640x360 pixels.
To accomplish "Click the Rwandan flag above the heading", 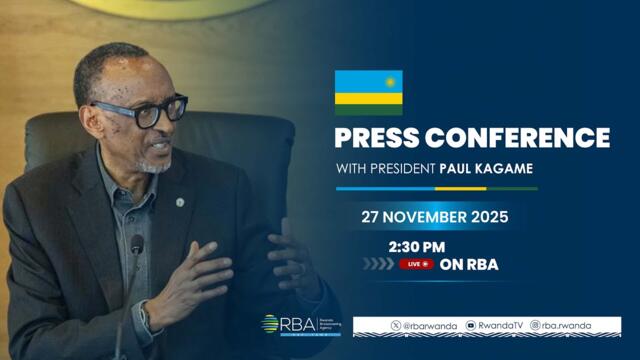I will coord(368,92).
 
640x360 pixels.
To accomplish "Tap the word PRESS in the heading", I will coord(381,138).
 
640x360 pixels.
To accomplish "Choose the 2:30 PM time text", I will coord(418,247).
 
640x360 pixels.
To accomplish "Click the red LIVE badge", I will coord(416,265).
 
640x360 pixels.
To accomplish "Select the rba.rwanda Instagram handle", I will coord(566,326).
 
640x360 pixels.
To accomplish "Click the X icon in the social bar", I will coord(395,326).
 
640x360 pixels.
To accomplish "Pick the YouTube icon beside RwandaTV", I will coord(470,326).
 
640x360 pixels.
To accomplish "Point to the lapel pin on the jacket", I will coord(180,202).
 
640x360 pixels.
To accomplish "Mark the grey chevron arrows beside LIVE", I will coord(377,265).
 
